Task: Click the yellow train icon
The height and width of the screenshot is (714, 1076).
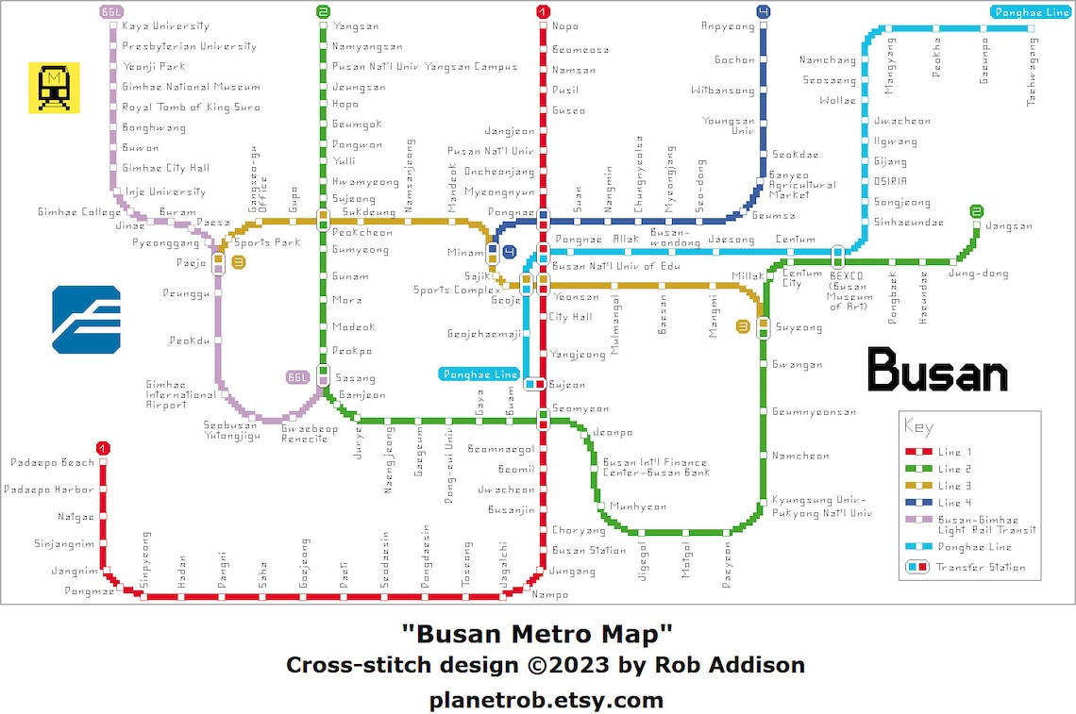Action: pos(54,87)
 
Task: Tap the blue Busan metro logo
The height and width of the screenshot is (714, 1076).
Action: pos(86,319)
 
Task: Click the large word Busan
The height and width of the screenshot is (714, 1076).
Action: pos(936,370)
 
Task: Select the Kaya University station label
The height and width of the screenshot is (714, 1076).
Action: pos(165,26)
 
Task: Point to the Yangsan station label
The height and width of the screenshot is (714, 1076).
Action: pos(355,26)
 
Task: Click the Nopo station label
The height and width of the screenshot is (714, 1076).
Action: pos(565,26)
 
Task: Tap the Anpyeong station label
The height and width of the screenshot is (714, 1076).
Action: pos(728,26)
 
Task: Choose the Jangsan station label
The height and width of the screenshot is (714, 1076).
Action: pos(1008,226)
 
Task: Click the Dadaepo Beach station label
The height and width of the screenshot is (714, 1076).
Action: pos(53,462)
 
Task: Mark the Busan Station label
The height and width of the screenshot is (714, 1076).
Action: pos(588,550)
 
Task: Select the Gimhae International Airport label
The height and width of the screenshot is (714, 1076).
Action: pos(179,394)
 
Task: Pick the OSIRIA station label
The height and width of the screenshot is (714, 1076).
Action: pos(890,181)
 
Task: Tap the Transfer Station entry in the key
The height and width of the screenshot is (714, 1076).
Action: pos(980,567)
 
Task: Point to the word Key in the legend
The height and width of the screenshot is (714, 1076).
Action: pos(918,426)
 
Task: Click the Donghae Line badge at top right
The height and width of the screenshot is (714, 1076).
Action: pos(1030,12)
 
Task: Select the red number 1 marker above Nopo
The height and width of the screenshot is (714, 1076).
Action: pos(543,11)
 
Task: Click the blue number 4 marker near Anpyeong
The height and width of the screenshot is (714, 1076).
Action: pos(763,11)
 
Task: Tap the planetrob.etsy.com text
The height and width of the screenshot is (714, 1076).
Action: pos(546,700)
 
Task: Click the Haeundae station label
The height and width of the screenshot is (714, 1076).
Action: pos(923,297)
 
